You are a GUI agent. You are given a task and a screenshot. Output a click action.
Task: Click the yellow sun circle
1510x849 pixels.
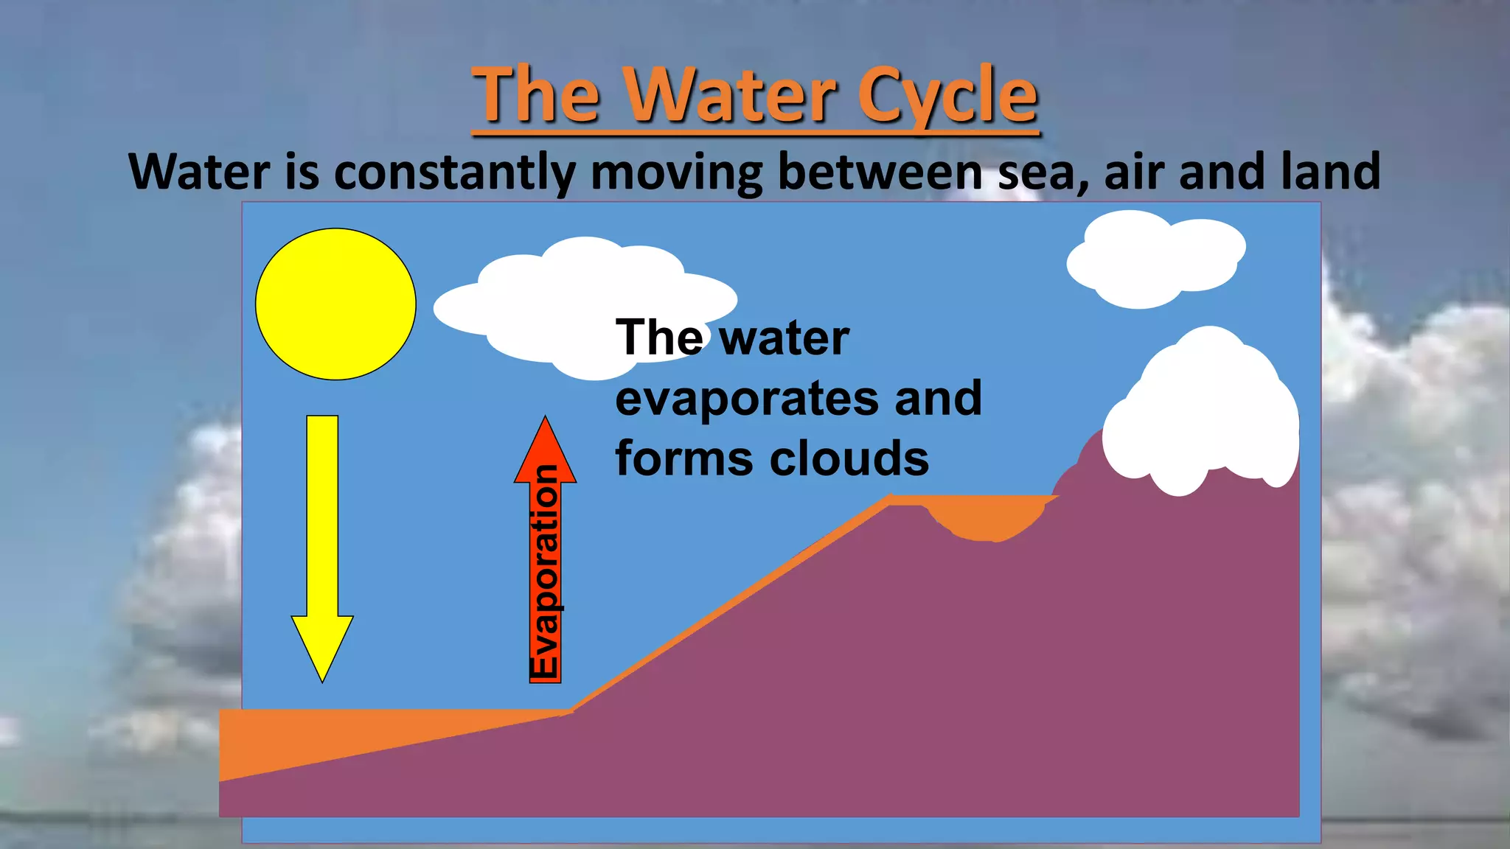(x=335, y=304)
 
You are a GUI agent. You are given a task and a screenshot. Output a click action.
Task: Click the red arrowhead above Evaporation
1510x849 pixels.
(x=545, y=450)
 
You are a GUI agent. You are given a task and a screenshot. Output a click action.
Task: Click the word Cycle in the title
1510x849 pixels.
(x=947, y=96)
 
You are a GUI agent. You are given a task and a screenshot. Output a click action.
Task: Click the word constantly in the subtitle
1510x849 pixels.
(x=454, y=172)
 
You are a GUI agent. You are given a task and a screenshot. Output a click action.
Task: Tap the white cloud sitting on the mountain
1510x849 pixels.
(x=1202, y=413)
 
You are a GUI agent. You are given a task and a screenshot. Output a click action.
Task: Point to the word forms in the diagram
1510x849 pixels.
(x=685, y=458)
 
